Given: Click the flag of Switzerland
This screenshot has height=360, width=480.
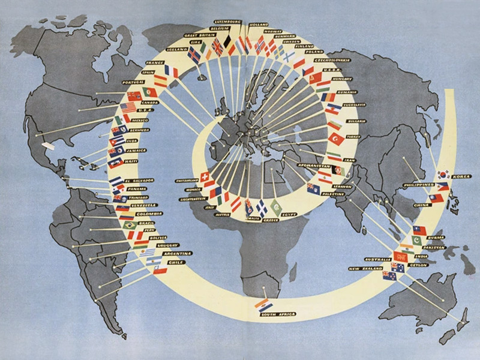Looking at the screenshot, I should click(x=204, y=178).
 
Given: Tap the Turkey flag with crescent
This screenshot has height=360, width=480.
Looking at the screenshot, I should click(x=337, y=139).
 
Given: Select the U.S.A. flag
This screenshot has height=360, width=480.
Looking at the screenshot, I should click(x=128, y=109).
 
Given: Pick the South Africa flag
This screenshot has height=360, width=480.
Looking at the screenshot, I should click(x=263, y=305).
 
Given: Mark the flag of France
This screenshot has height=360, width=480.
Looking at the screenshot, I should click(x=172, y=72).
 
